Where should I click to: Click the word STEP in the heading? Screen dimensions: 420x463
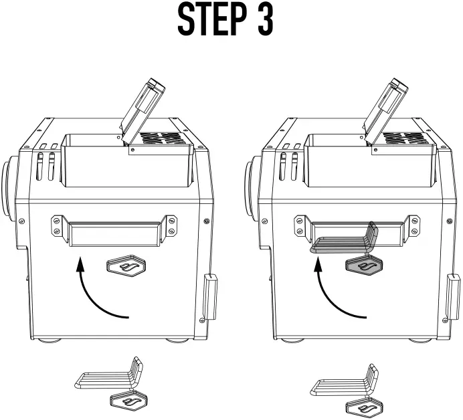(209, 21)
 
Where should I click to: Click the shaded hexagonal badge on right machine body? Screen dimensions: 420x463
(365, 266)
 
